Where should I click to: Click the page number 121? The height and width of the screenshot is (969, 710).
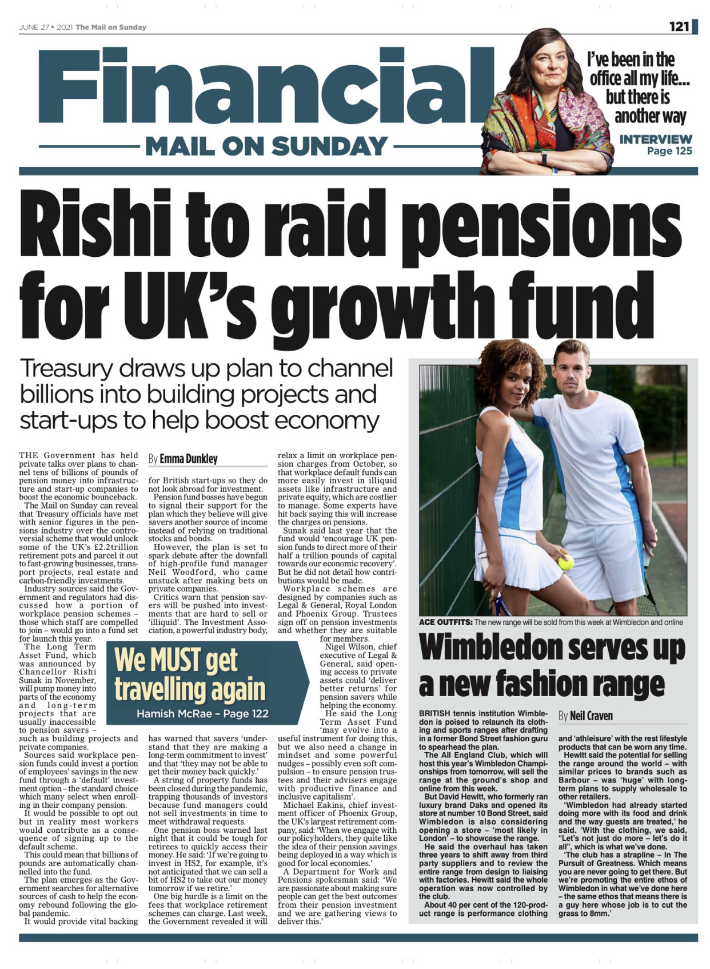[679, 26]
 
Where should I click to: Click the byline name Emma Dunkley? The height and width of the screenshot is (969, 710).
[189, 459]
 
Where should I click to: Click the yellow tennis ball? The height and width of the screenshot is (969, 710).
[565, 563]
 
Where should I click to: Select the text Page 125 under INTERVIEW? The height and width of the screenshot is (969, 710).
[669, 151]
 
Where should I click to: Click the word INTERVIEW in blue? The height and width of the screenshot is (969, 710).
[656, 139]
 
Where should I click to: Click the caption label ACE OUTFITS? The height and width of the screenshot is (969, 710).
[445, 622]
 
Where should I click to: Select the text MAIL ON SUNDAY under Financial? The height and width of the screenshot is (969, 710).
[266, 146]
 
